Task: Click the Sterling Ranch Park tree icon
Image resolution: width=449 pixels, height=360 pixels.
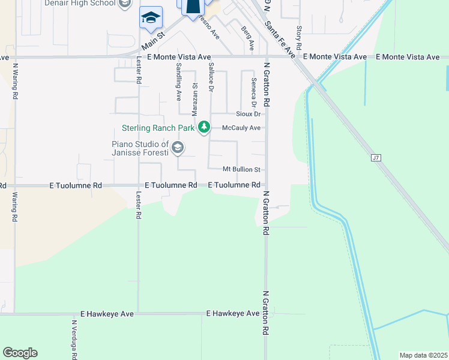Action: tap(205, 127)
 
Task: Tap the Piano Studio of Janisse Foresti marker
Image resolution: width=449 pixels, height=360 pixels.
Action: tap(177, 147)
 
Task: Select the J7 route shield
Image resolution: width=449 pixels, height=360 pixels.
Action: tap(376, 158)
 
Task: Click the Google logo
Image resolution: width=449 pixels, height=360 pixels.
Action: tap(20, 353)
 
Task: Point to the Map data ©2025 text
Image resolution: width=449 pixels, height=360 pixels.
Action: tap(423, 355)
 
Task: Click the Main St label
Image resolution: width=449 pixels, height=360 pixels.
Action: tap(153, 41)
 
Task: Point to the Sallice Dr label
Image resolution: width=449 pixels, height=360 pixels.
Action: tap(211, 77)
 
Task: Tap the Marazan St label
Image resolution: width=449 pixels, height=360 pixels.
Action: tap(194, 95)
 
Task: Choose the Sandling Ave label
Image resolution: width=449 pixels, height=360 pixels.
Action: tap(178, 82)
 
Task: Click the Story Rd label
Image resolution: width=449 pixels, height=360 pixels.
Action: tap(298, 37)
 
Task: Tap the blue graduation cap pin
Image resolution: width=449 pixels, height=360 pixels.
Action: tap(151, 17)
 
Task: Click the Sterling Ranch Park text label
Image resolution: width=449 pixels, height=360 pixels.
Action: tap(158, 127)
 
